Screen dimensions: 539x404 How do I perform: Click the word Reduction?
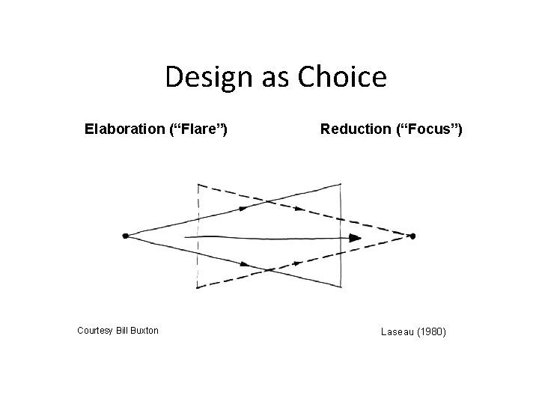[x=356, y=129]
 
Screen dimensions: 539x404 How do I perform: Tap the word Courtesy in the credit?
[x=95, y=330]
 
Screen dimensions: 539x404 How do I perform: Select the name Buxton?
[x=144, y=330]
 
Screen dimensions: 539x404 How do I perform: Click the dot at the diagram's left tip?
[x=125, y=236]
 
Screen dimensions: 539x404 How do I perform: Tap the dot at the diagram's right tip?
[x=412, y=236]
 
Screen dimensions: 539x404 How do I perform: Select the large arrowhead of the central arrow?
[x=355, y=238]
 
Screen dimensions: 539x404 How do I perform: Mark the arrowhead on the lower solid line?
[x=245, y=263]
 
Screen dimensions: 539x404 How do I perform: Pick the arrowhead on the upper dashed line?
[x=299, y=208]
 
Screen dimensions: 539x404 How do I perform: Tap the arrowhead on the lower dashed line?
[x=297, y=263]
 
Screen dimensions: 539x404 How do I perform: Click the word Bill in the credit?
[x=122, y=330]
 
